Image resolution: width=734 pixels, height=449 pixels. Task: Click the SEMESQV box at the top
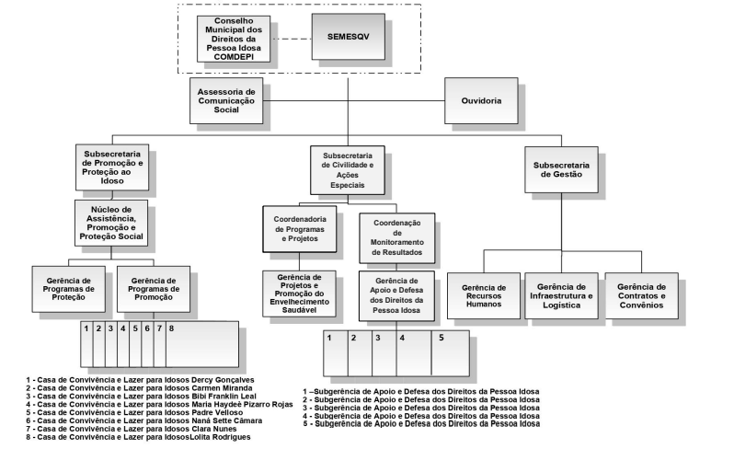pyautogui.click(x=349, y=37)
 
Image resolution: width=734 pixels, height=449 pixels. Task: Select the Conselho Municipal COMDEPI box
pyautogui.click(x=234, y=39)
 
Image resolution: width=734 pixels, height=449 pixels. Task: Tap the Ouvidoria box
pyautogui.click(x=481, y=100)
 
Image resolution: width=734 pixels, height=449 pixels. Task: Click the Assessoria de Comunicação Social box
pyautogui.click(x=226, y=100)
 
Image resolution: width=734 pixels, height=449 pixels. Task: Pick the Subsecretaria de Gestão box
pyautogui.click(x=561, y=169)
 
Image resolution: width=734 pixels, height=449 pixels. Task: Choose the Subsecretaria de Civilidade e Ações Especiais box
pyautogui.click(x=348, y=170)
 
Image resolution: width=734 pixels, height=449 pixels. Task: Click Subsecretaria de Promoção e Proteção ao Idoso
pyautogui.click(x=112, y=167)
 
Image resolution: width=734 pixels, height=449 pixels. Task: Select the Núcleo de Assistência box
pyautogui.click(x=111, y=223)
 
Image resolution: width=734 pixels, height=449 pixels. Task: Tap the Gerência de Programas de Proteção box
pyautogui.click(x=68, y=289)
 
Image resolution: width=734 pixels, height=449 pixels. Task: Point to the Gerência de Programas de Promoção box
pyautogui.click(x=154, y=289)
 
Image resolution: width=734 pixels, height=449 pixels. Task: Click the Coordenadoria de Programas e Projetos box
pyautogui.click(x=300, y=229)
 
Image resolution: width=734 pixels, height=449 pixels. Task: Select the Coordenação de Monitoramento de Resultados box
pyautogui.click(x=397, y=238)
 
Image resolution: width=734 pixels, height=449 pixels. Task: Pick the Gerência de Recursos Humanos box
pyautogui.click(x=484, y=296)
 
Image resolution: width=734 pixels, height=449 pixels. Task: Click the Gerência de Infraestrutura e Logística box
pyautogui.click(x=561, y=296)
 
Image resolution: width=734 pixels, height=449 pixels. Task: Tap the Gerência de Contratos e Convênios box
pyautogui.click(x=641, y=296)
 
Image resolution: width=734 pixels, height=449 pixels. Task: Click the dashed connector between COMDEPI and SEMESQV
pyautogui.click(x=292, y=39)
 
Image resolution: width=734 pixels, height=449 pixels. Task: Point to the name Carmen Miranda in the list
pyautogui.click(x=222, y=388)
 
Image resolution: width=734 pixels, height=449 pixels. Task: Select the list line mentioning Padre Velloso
pyautogui.click(x=135, y=412)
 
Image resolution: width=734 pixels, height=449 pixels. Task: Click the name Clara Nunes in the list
pyautogui.click(x=214, y=429)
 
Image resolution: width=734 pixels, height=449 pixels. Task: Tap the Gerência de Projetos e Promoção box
pyautogui.click(x=299, y=294)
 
